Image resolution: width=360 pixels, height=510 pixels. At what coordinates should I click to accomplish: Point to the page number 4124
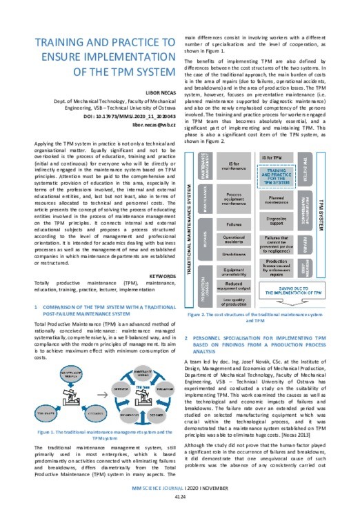click(x=179, y=497)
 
